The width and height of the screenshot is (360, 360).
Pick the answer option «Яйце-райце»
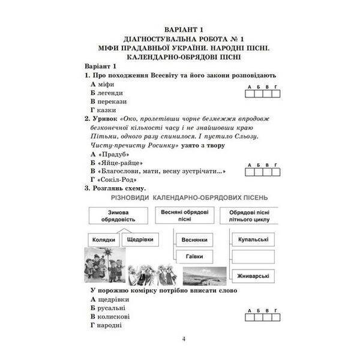click(119, 162)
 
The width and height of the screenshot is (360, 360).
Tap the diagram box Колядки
click(104, 239)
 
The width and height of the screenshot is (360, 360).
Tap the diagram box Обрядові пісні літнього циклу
click(250, 215)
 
